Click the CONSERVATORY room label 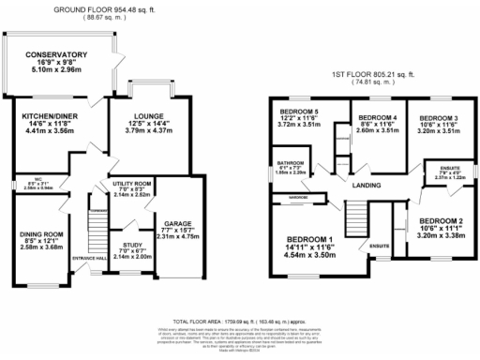(56, 55)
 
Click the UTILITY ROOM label (131, 183)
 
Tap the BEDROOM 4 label (378, 117)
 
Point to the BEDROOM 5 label (301, 112)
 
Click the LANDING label (367, 186)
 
